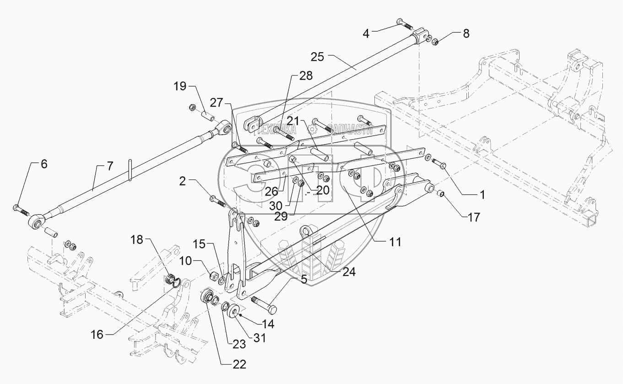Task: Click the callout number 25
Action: point(317,57)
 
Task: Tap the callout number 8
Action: point(466,33)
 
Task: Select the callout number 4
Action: point(366,34)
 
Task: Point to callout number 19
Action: point(180,86)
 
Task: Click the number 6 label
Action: point(44,164)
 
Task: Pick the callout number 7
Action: point(110,166)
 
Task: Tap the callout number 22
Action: point(239,364)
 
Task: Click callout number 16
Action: point(97,335)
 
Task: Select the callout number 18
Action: point(136,239)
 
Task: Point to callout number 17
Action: point(474,217)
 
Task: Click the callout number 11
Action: point(395,242)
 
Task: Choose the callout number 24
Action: point(349,272)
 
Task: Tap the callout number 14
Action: point(268,324)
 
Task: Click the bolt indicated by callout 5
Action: point(264,305)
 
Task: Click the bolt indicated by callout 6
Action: point(21,210)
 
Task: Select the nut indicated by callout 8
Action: point(435,43)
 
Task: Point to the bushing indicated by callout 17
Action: point(440,193)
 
